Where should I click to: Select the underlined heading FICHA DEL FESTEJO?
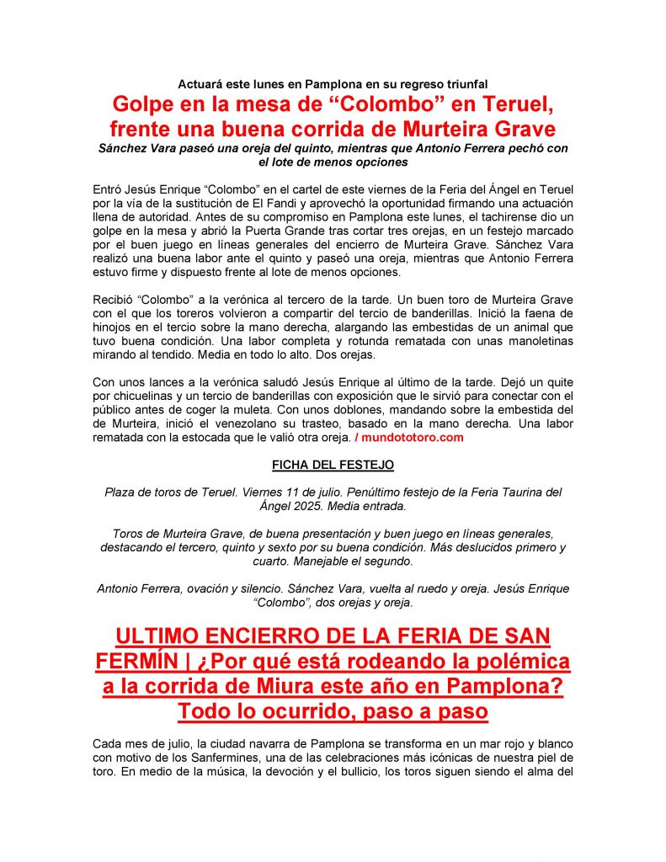coord(333,465)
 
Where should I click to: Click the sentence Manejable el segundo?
coord(353,561)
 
